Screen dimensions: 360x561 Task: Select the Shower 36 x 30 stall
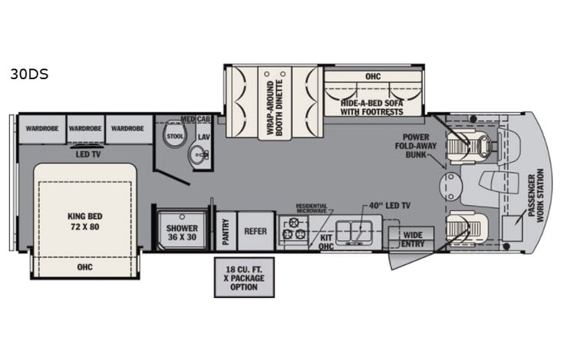click(182, 233)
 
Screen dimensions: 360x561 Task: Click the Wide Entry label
click(413, 239)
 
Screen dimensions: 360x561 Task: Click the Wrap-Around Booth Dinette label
click(276, 107)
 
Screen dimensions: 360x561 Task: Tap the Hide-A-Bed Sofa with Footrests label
click(372, 105)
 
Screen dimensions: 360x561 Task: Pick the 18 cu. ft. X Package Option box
click(243, 277)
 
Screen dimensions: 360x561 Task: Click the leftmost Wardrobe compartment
click(40, 129)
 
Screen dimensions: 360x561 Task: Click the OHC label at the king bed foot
click(84, 268)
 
